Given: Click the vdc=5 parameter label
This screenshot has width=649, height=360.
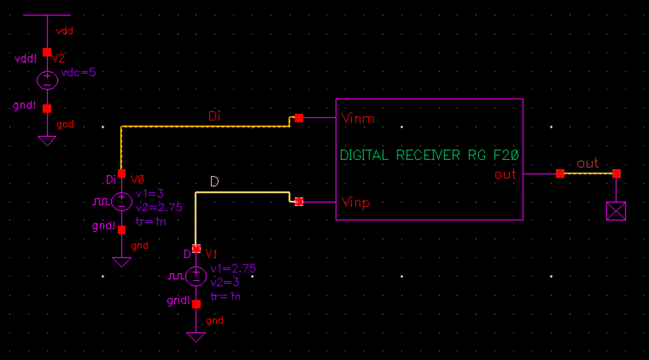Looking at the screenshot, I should point(79,72).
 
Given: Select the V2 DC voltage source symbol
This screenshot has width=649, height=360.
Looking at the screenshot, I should point(47,80).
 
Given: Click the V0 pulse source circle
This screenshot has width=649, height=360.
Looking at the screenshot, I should point(121,202).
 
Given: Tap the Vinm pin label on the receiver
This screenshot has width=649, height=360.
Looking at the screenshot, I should point(357,119).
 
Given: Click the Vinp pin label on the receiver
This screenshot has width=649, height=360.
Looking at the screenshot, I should point(357,202).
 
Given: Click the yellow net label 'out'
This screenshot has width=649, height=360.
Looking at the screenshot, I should point(587,164).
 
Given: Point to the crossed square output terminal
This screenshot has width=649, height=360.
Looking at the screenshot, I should point(615,211).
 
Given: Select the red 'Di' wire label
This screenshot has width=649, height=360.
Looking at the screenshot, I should point(215,117).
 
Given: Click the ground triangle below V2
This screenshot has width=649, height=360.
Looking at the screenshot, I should point(47,141).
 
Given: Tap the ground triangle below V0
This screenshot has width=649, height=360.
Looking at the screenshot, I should point(121,262).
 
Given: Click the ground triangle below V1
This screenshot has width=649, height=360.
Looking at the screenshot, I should point(196,337).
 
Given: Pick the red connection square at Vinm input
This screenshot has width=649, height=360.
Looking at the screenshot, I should point(299,118).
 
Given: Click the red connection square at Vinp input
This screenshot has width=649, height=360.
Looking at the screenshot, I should point(299,202).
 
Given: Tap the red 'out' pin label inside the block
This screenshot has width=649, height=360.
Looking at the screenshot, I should point(505,174).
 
